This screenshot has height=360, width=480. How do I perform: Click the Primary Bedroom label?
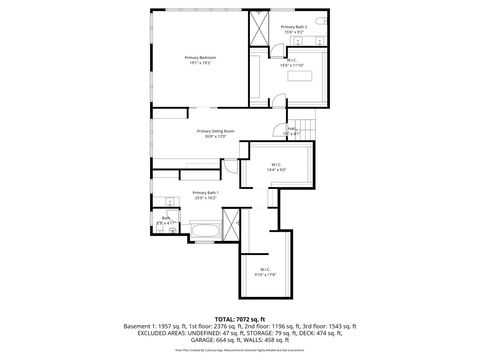click(198, 58)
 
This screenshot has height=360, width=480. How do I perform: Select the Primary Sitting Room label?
click(215, 130)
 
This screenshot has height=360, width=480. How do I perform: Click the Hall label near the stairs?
click(292, 128)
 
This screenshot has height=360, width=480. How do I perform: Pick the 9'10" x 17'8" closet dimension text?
click(265, 273)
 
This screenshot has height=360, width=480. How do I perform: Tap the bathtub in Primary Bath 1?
click(206, 234)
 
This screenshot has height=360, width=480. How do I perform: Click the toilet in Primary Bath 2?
click(320, 21)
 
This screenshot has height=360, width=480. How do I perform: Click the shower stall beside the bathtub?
click(232, 226)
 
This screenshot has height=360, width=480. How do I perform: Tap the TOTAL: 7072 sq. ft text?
click(239, 318)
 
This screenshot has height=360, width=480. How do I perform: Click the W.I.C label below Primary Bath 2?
click(291, 60)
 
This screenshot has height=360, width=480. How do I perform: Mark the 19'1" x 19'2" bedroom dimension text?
click(198, 63)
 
